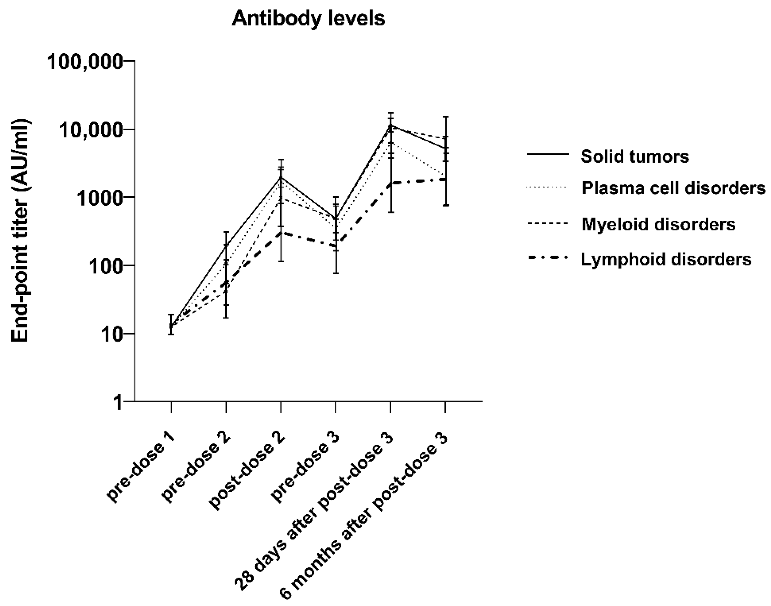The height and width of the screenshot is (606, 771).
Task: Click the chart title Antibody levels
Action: (x=308, y=18)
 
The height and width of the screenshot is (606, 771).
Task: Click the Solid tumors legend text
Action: (x=634, y=156)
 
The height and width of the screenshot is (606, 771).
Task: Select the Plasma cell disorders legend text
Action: (x=673, y=188)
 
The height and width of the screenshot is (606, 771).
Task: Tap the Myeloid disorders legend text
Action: (x=658, y=224)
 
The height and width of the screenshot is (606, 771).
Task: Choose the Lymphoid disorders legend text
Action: (x=666, y=259)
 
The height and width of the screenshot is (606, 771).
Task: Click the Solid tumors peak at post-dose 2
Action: (x=281, y=178)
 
